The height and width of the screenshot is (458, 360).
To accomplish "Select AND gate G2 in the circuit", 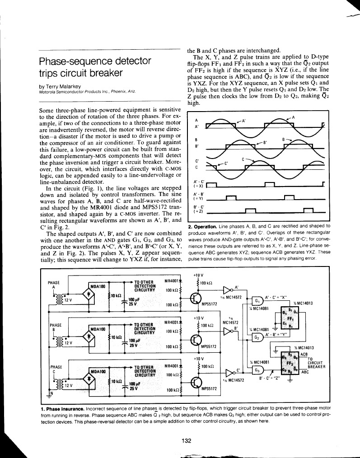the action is pyautogui.click(x=257, y=337).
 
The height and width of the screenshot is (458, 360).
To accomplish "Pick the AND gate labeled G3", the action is pyautogui.click(x=257, y=369).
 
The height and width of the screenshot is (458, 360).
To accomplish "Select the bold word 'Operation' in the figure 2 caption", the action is pyautogui.click(x=203, y=226).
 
